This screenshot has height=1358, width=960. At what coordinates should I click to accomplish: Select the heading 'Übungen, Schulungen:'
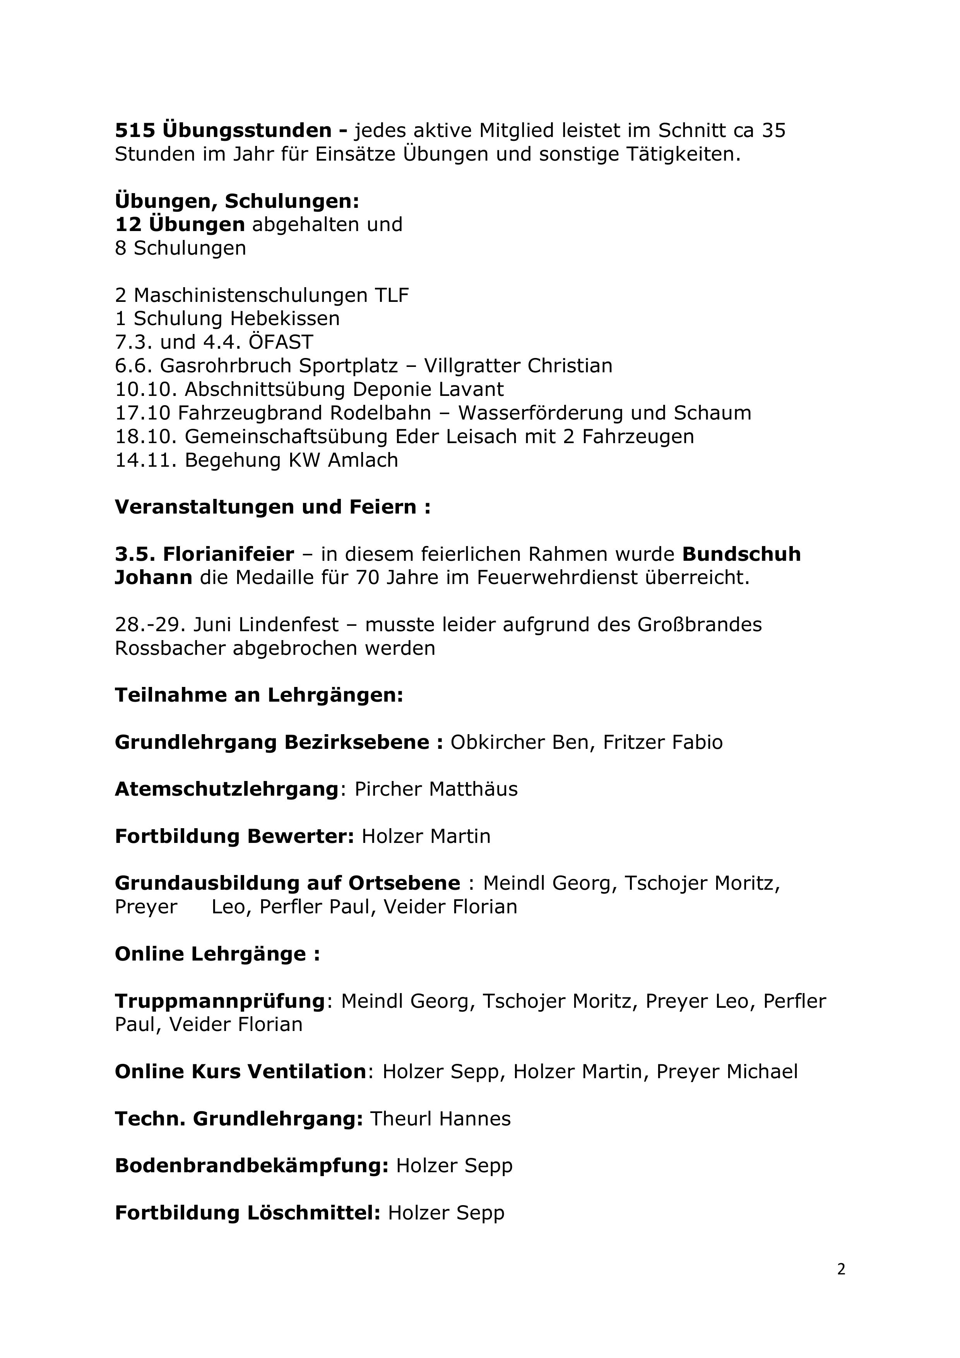(236, 201)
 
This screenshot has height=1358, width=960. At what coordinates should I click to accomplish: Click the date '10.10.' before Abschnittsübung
(146, 389)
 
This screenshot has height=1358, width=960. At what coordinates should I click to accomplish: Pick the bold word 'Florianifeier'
(228, 554)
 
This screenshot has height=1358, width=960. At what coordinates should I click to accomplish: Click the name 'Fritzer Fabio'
(662, 742)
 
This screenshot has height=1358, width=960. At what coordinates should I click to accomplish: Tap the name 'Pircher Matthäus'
(436, 789)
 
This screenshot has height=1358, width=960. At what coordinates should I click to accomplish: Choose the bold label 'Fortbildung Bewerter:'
(234, 836)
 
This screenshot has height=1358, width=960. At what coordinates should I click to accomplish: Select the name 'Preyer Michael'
(727, 1072)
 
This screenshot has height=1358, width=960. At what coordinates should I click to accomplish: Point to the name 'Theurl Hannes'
(440, 1119)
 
